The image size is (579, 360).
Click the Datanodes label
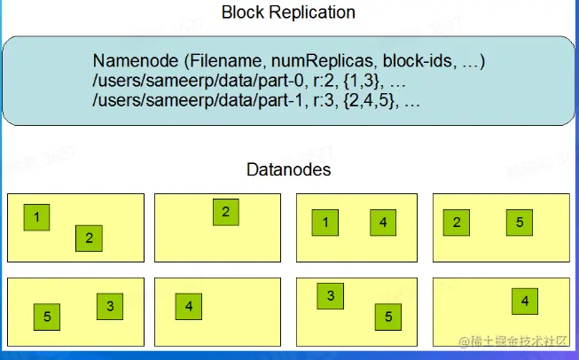(x=289, y=169)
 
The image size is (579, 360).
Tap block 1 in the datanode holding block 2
(x=36, y=216)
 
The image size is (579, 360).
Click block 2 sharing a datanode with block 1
(x=89, y=238)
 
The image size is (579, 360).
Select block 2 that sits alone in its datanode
(x=226, y=212)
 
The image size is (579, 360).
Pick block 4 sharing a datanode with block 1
(x=383, y=223)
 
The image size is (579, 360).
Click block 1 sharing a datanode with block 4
(x=325, y=223)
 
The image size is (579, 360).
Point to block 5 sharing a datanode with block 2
(x=520, y=222)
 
